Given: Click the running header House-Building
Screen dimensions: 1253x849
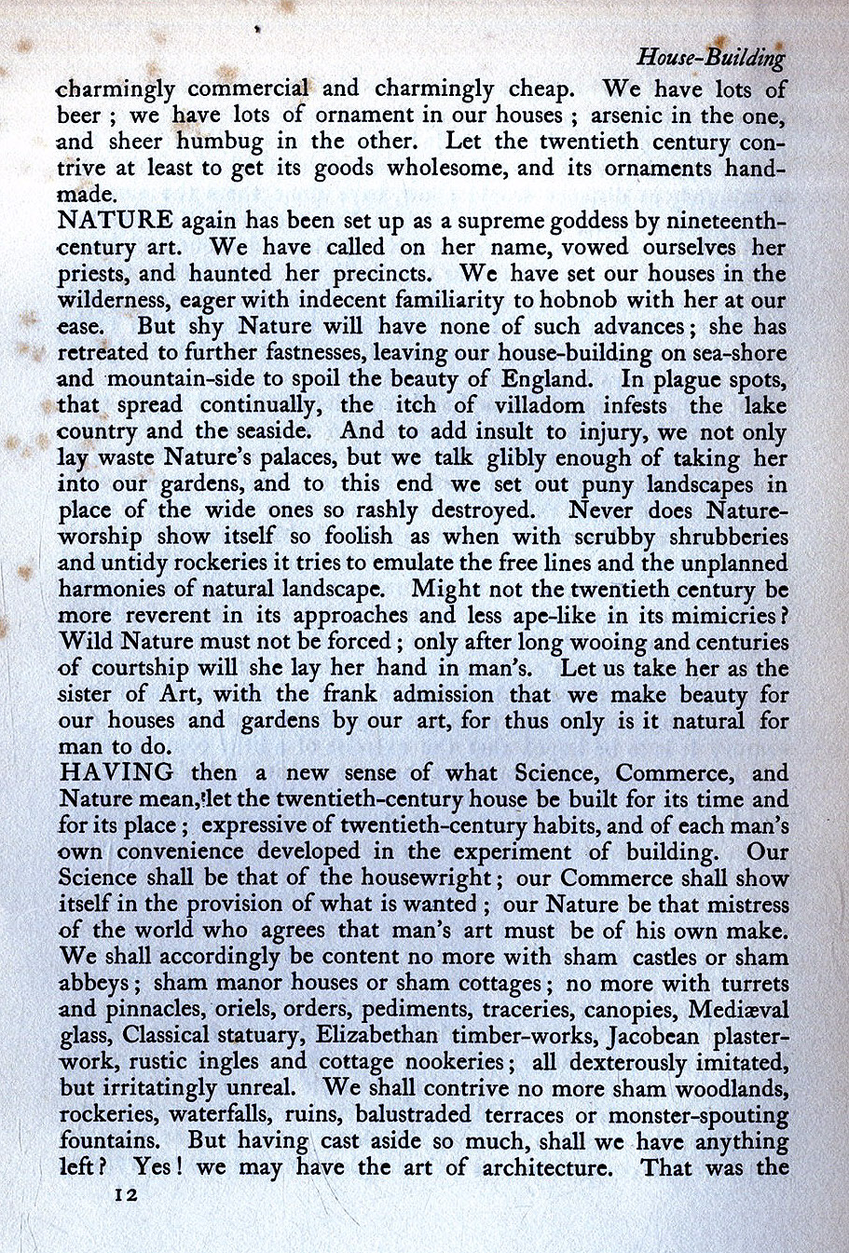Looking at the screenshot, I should tap(710, 58).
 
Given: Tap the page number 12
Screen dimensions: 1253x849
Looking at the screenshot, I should tap(121, 1195).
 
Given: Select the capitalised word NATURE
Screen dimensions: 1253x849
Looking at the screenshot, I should tap(115, 221).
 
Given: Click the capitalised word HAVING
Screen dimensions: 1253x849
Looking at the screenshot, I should tap(116, 772).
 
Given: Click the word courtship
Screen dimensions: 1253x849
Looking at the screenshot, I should tap(139, 669).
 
